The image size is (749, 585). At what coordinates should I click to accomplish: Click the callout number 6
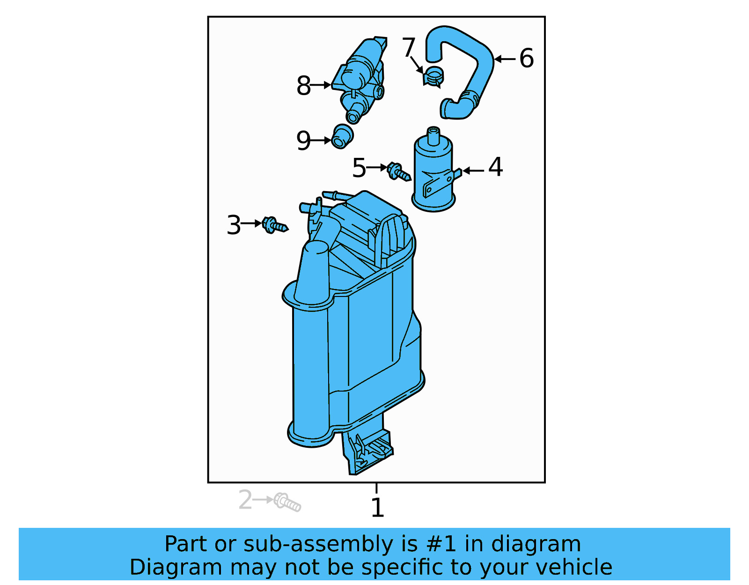527,59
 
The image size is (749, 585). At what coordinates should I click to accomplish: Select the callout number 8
303,86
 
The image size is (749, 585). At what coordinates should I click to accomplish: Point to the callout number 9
303,141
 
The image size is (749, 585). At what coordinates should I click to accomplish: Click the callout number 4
495,167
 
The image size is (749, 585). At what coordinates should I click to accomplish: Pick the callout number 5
359,168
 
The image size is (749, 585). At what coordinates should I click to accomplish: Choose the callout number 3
234,225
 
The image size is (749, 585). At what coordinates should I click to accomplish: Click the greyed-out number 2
245,500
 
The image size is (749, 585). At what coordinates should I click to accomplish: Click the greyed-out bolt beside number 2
287,502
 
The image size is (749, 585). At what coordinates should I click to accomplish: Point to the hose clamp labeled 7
433,77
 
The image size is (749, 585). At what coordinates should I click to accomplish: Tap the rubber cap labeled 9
342,136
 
